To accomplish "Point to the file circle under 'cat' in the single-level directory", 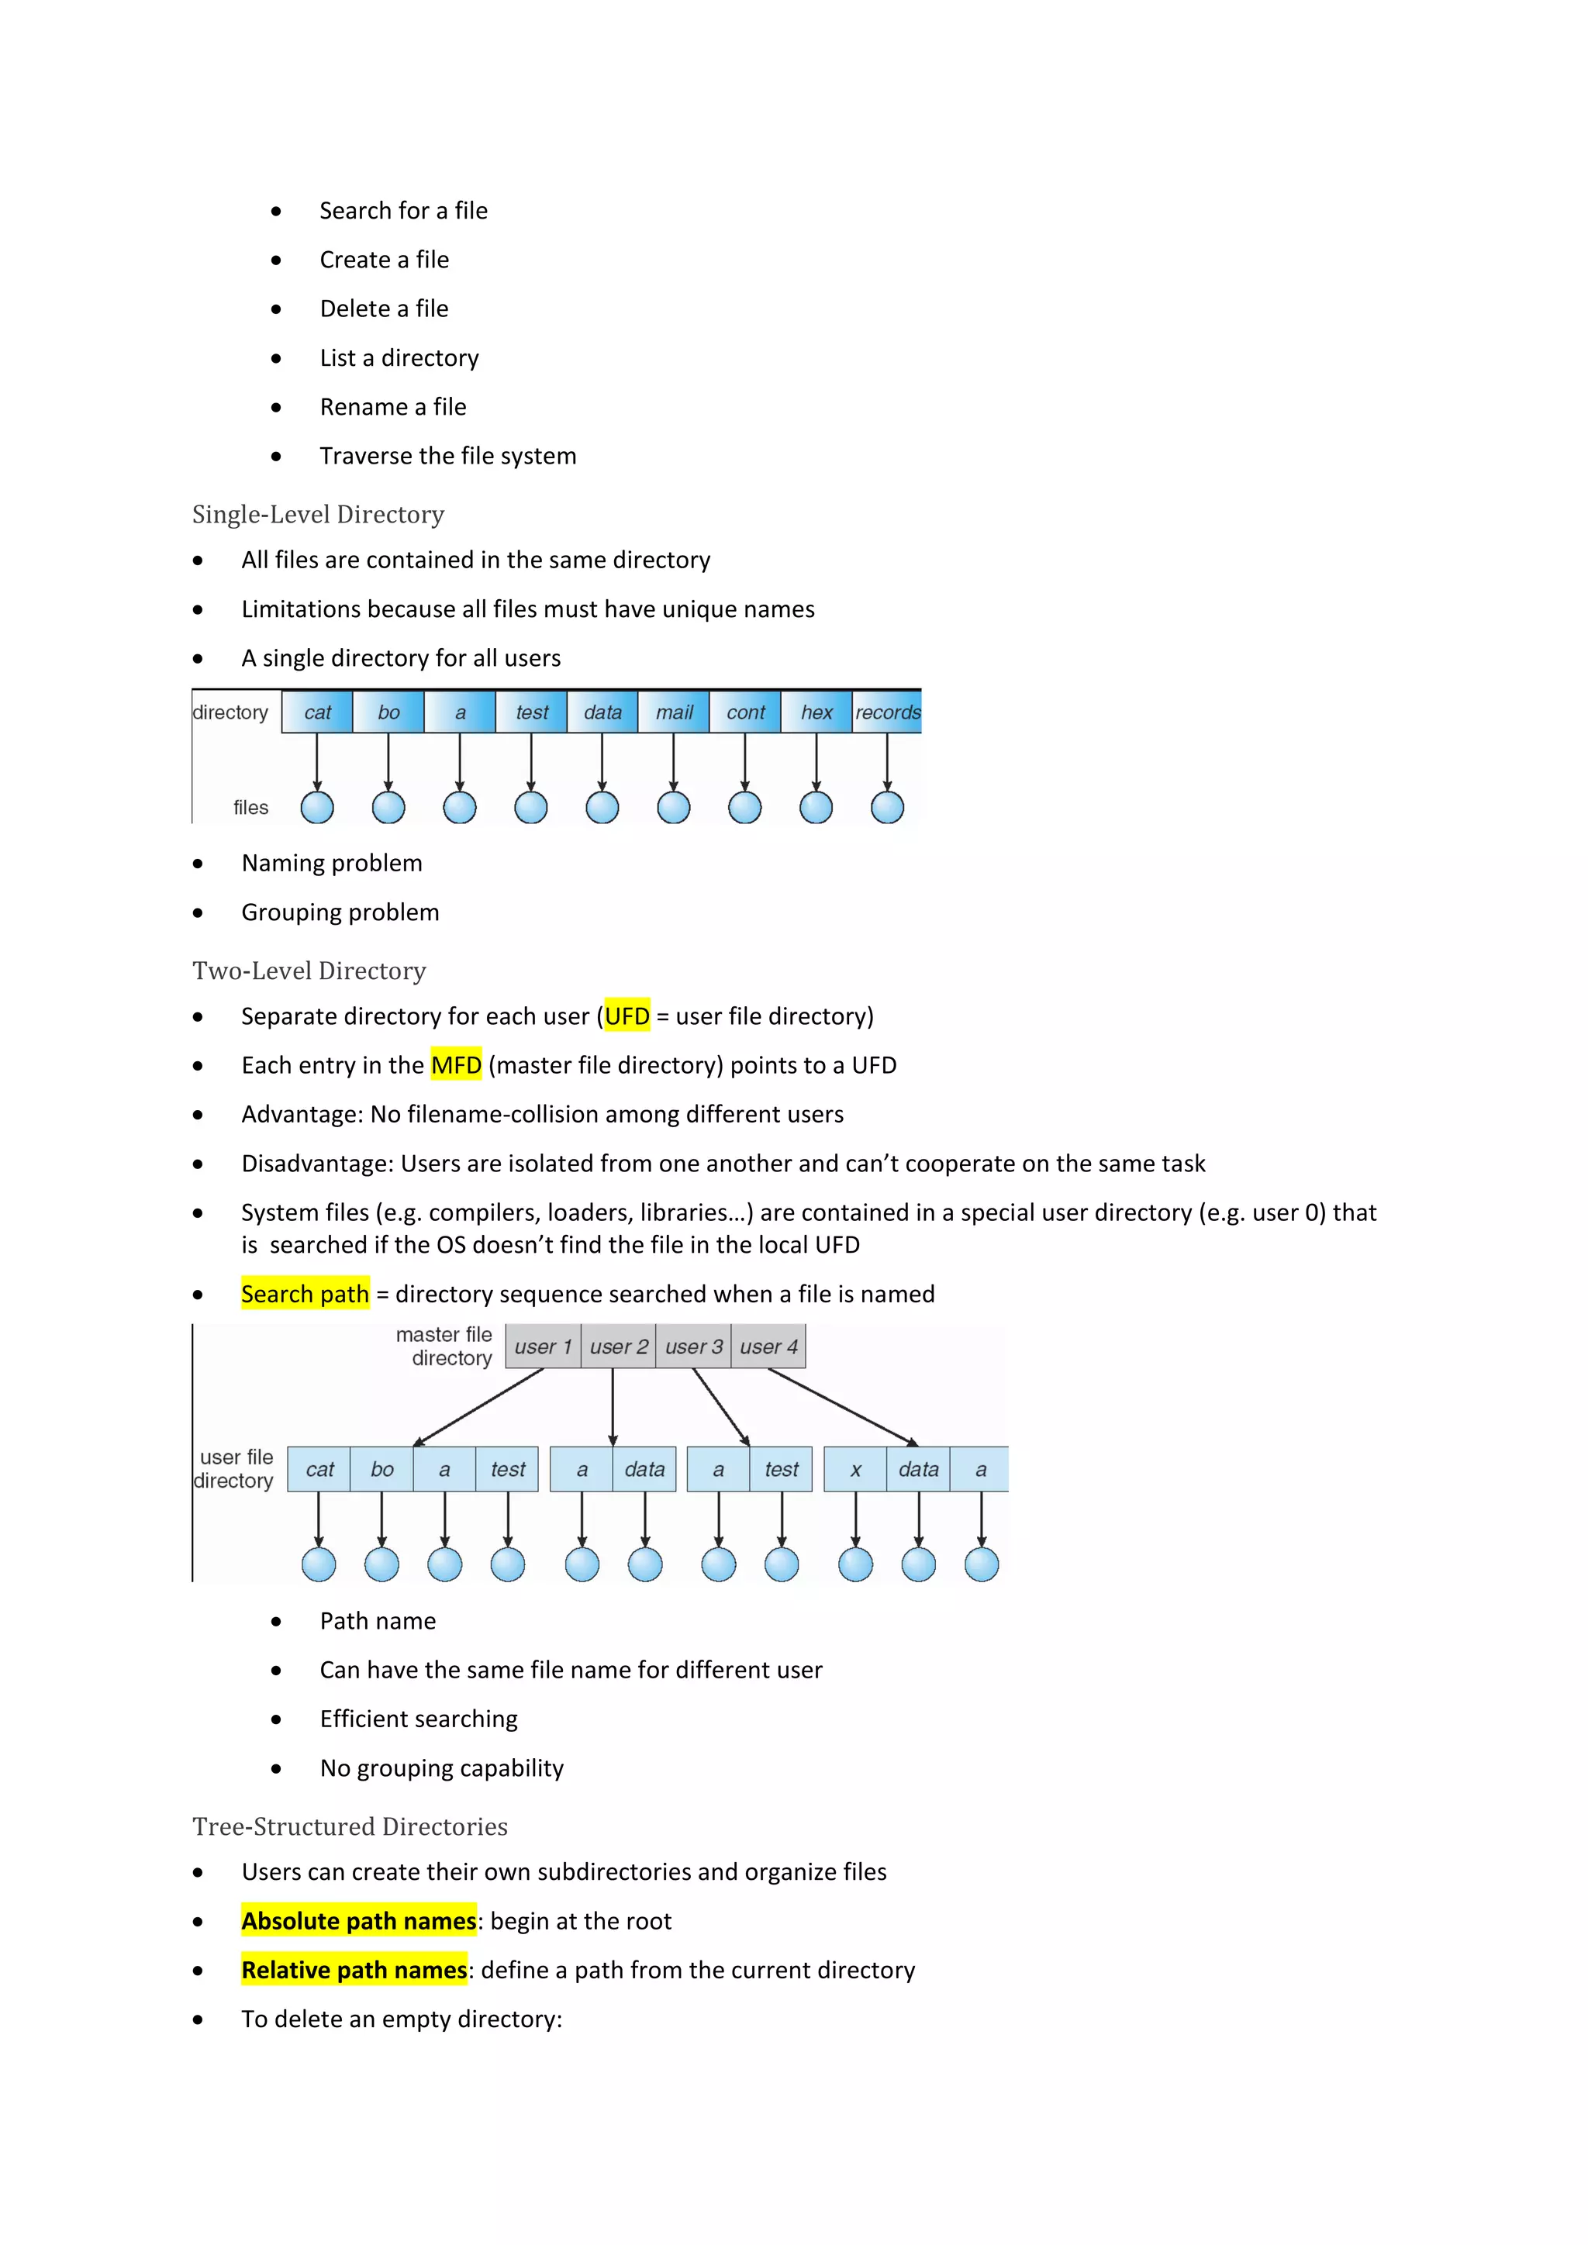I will [x=317, y=808].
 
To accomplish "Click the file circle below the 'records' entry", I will [x=887, y=808].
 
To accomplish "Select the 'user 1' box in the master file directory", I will [x=543, y=1347].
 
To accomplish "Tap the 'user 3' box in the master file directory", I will [x=693, y=1347].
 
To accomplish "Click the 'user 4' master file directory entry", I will [x=768, y=1347].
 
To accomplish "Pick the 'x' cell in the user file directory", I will [x=855, y=1470].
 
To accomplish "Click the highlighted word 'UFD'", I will [x=627, y=1016].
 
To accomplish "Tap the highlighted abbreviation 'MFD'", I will [x=456, y=1065].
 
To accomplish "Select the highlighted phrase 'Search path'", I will [x=305, y=1294].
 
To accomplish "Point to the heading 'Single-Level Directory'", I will [x=318, y=514].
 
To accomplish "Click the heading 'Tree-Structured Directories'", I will [x=349, y=1826].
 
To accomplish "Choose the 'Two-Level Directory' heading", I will [x=309, y=971].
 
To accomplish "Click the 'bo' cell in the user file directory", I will [x=381, y=1470].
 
